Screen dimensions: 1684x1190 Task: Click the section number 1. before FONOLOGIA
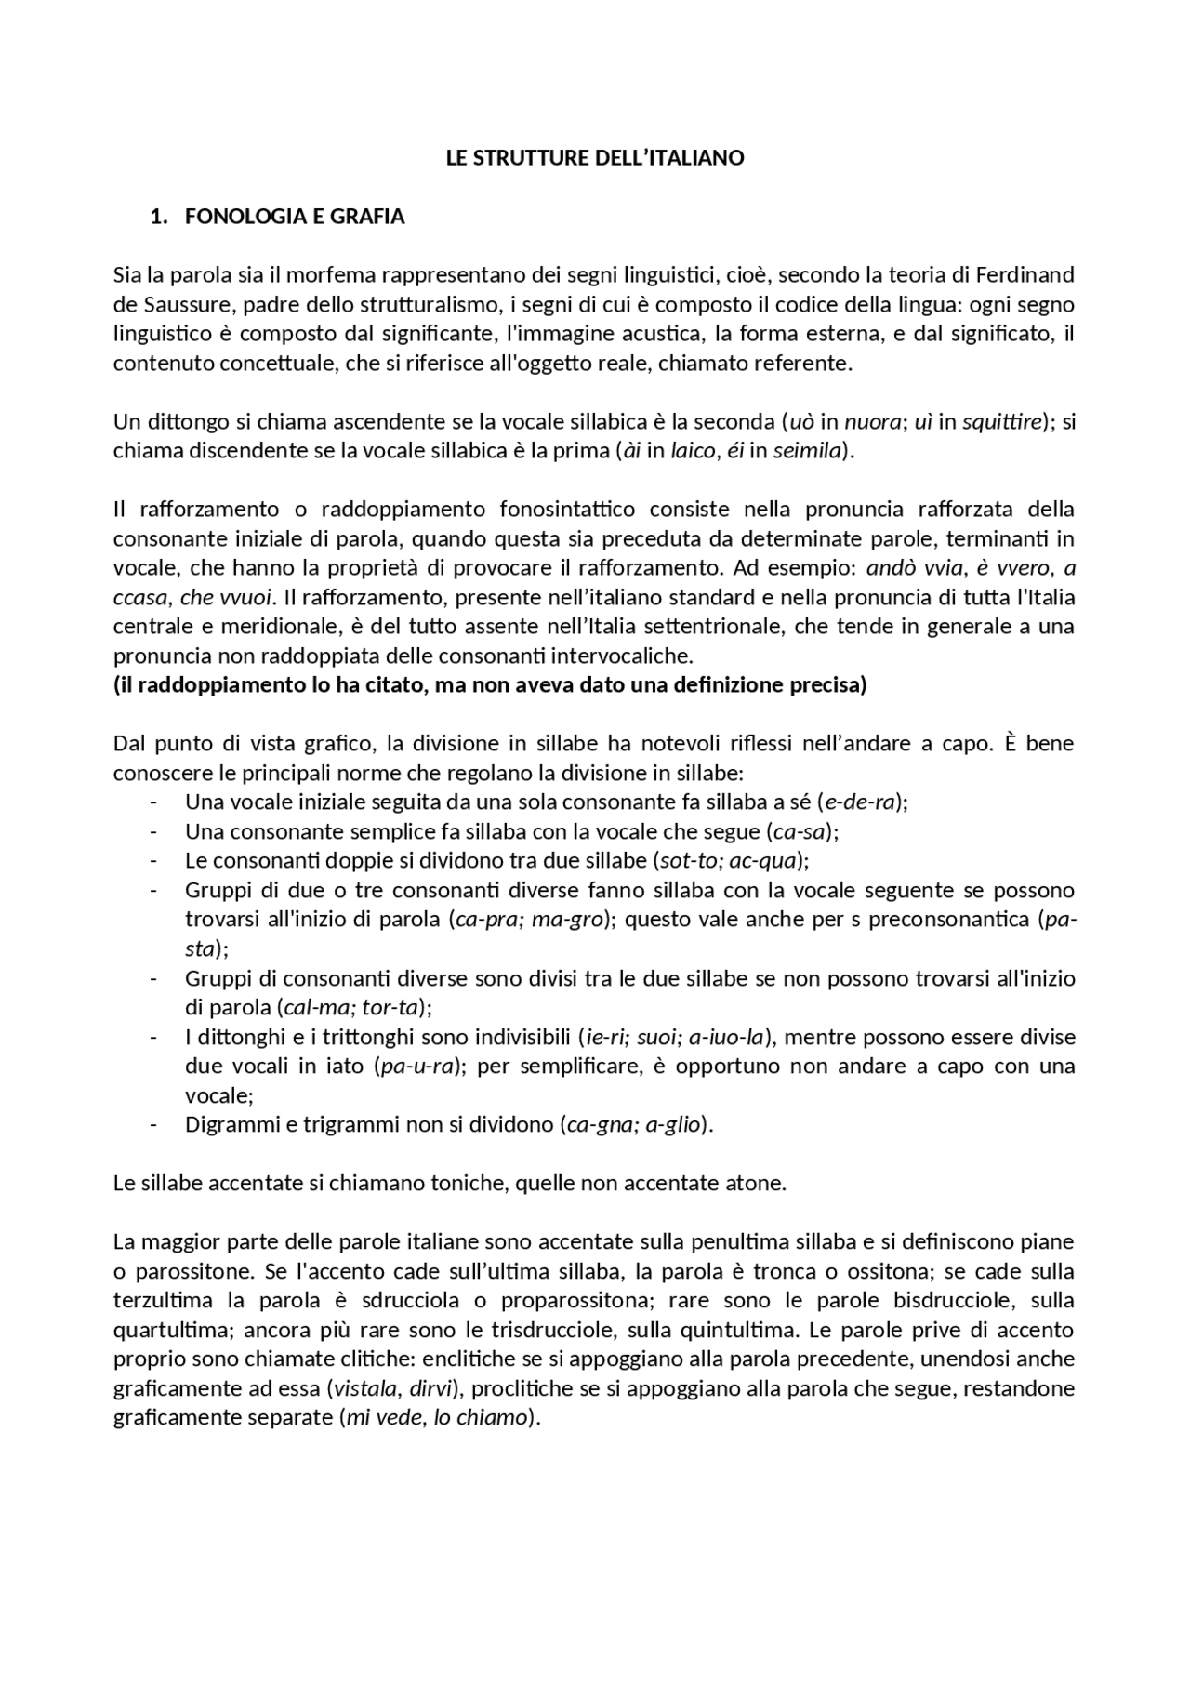click(158, 218)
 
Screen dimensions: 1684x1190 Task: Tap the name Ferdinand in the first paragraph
click(1027, 275)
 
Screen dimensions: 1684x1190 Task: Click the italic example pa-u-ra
click(419, 1067)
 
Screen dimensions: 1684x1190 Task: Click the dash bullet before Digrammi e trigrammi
click(153, 1125)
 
